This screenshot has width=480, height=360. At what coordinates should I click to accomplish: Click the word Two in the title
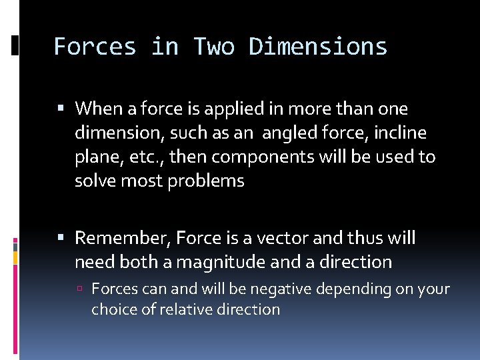tap(214, 47)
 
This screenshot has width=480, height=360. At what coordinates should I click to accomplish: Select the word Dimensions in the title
tap(318, 47)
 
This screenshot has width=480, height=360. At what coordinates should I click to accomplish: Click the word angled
tap(289, 133)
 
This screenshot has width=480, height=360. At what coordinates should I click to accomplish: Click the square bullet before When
tap(61, 109)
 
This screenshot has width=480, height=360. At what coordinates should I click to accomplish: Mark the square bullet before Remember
tap(61, 238)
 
